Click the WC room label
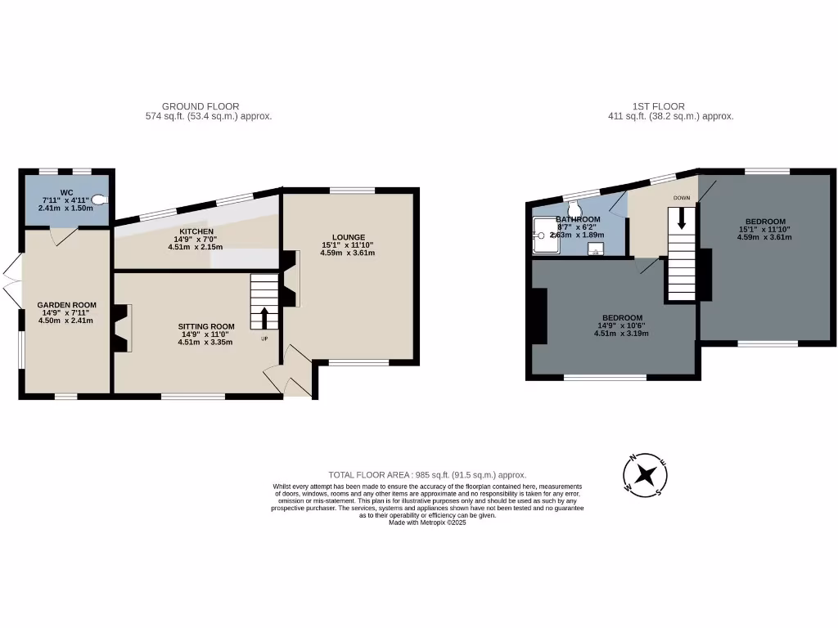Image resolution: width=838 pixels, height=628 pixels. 67,192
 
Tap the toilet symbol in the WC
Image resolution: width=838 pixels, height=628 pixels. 100,199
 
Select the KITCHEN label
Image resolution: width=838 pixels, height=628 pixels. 196,231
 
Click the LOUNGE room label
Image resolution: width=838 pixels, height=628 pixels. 349,237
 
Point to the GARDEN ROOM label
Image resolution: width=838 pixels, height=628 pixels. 66,305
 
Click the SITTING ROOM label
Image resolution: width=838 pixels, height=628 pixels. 206,326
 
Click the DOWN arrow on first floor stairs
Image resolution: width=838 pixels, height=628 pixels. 681,219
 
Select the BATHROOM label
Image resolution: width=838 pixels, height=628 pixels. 579,220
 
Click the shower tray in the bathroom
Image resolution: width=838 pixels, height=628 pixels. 546,235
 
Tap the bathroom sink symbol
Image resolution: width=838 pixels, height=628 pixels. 597,250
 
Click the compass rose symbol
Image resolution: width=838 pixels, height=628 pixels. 647,474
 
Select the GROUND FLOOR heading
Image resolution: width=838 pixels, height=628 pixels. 200,106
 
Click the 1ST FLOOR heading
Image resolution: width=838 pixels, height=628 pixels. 658,106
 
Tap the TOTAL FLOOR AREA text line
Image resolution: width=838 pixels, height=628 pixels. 427,475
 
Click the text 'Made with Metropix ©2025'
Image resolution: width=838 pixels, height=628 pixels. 427,523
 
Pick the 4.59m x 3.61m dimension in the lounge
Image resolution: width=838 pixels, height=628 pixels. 349,253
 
